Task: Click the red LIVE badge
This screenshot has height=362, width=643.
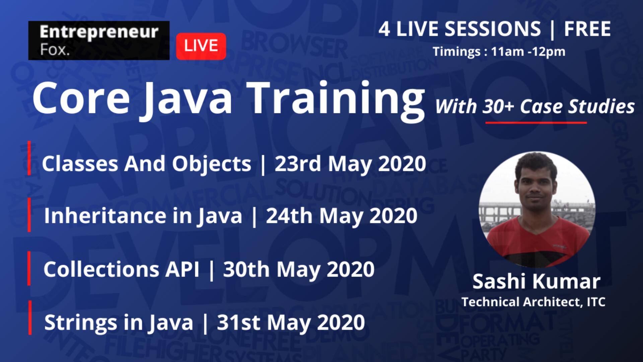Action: pyautogui.click(x=201, y=46)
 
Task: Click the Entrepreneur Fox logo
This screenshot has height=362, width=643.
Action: pyautogui.click(x=99, y=41)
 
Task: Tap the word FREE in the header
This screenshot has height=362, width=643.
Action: pyautogui.click(x=587, y=29)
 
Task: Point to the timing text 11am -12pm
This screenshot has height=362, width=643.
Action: pyautogui.click(x=528, y=52)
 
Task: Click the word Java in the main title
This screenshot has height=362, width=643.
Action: pyautogui.click(x=188, y=99)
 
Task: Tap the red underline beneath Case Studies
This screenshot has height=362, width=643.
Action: pyautogui.click(x=536, y=123)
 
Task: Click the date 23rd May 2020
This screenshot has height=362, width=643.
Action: pyautogui.click(x=350, y=164)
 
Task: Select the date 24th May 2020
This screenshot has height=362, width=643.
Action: pyautogui.click(x=342, y=216)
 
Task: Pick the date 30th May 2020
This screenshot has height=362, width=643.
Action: pyautogui.click(x=299, y=269)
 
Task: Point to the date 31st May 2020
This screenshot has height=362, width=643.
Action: pyautogui.click(x=291, y=323)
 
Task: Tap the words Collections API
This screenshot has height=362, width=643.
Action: pyautogui.click(x=121, y=269)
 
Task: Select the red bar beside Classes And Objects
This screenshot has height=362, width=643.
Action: pyautogui.click(x=29, y=158)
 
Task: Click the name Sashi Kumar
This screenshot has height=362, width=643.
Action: pyautogui.click(x=536, y=282)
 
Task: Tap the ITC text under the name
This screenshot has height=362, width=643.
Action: pyautogui.click(x=596, y=302)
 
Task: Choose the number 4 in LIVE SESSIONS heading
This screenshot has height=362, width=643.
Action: pyautogui.click(x=384, y=29)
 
